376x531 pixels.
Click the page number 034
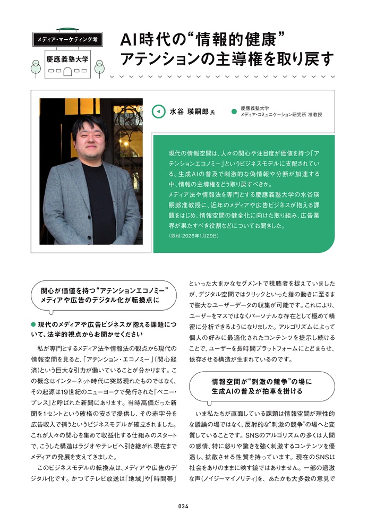pyautogui.click(x=184, y=506)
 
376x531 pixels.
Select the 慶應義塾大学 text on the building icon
pyautogui.click(x=67, y=60)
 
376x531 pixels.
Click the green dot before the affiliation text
pyautogui.click(x=233, y=112)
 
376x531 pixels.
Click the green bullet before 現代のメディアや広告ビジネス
pyautogui.click(x=33, y=324)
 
